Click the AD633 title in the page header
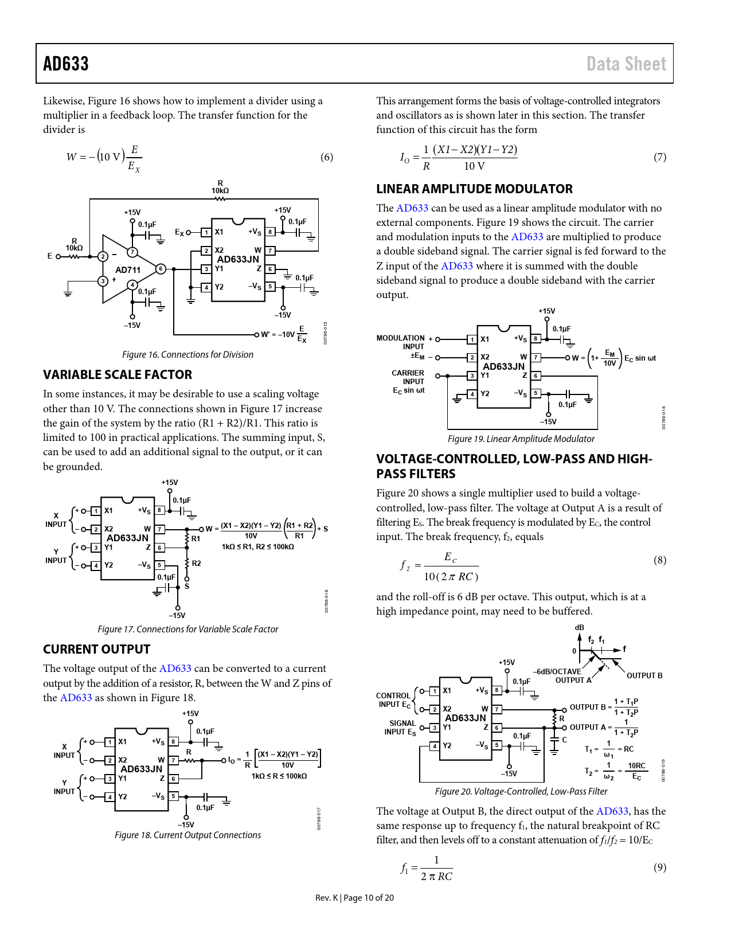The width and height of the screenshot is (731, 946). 66,64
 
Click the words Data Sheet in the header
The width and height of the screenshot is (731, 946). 626,64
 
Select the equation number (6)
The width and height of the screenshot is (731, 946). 326,157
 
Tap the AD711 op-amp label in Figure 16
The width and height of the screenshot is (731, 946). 127,270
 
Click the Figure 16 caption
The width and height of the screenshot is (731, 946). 187,355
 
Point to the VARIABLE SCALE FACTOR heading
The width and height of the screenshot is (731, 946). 118,375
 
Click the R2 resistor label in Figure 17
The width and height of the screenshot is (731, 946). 196,564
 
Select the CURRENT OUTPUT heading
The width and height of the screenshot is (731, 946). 96,650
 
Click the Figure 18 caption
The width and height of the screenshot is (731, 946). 187,835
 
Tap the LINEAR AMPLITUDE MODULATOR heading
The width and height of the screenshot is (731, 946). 474,189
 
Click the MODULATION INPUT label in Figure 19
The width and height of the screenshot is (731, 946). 401,342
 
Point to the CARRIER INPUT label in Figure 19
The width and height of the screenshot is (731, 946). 408,377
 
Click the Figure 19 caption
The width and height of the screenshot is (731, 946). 521,439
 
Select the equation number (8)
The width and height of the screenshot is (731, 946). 659,560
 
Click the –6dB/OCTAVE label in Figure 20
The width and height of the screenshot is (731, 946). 557,671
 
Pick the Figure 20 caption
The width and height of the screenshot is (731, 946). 521,792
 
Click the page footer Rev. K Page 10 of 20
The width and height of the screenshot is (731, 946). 354,898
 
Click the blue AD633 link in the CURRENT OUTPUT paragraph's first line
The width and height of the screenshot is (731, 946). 175,669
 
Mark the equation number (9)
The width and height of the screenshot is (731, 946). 659,867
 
